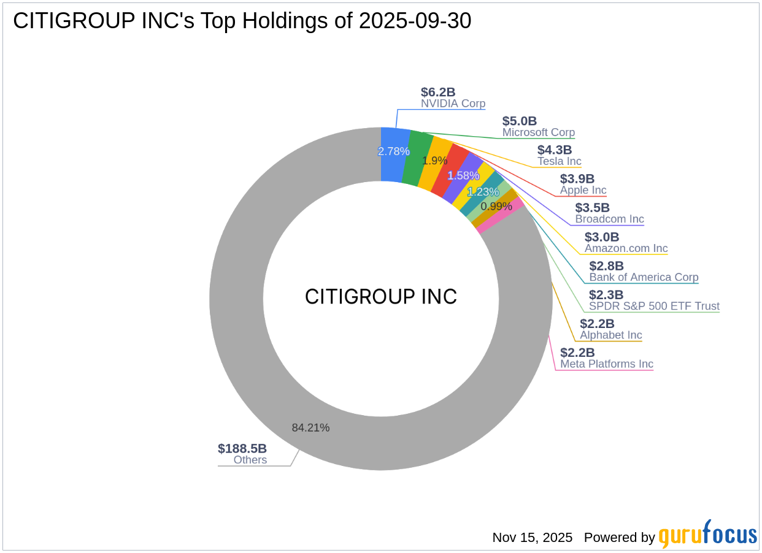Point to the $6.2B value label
tap(438, 92)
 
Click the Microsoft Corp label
tap(538, 132)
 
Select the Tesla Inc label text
tap(559, 161)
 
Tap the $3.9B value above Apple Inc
tap(577, 179)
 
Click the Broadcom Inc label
tap(609, 219)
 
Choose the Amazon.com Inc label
tap(626, 248)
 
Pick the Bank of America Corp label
tap(644, 277)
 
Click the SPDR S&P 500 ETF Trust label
tap(654, 306)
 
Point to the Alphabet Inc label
tap(610, 335)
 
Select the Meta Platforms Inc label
tap(606, 364)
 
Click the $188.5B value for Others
tap(242, 448)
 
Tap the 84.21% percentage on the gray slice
tap(310, 427)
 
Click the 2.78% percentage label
tap(393, 151)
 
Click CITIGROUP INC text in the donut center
tap(381, 297)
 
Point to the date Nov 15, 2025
tap(532, 538)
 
